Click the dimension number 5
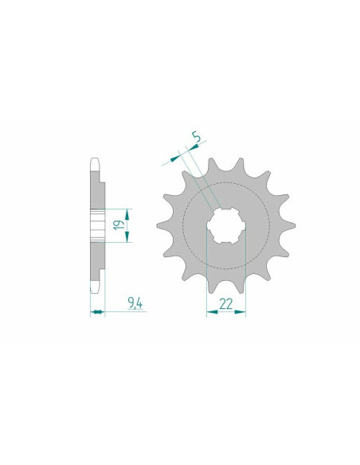pyautogui.click(x=196, y=137)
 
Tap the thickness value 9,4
pyautogui.click(x=135, y=303)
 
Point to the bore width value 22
pyautogui.click(x=226, y=304)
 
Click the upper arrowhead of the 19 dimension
pyautogui.click(x=127, y=214)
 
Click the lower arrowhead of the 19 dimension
pyautogui.click(x=127, y=236)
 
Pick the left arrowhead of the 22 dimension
pyautogui.click(x=212, y=311)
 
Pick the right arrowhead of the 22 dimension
pyautogui.click(x=241, y=311)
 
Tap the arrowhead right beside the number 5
pyautogui.click(x=194, y=147)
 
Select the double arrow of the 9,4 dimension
pyautogui.click(x=97, y=311)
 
